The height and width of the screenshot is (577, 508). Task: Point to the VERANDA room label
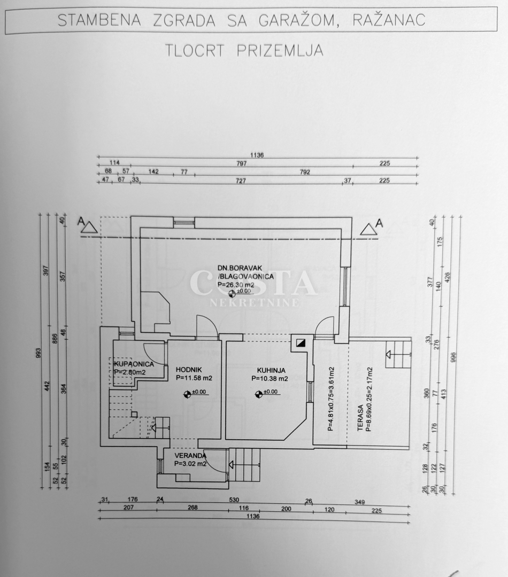190,456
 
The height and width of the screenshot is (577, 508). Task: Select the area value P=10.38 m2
270,378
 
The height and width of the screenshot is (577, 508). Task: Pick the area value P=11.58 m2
194,378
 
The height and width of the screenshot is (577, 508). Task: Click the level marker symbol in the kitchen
259,394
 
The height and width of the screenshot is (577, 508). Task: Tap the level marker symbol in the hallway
187,394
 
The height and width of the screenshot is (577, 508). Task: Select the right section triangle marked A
368,228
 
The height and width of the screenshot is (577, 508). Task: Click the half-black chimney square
302,344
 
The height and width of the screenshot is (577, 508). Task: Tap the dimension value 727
241,181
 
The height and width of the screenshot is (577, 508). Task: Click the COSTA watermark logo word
253,283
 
